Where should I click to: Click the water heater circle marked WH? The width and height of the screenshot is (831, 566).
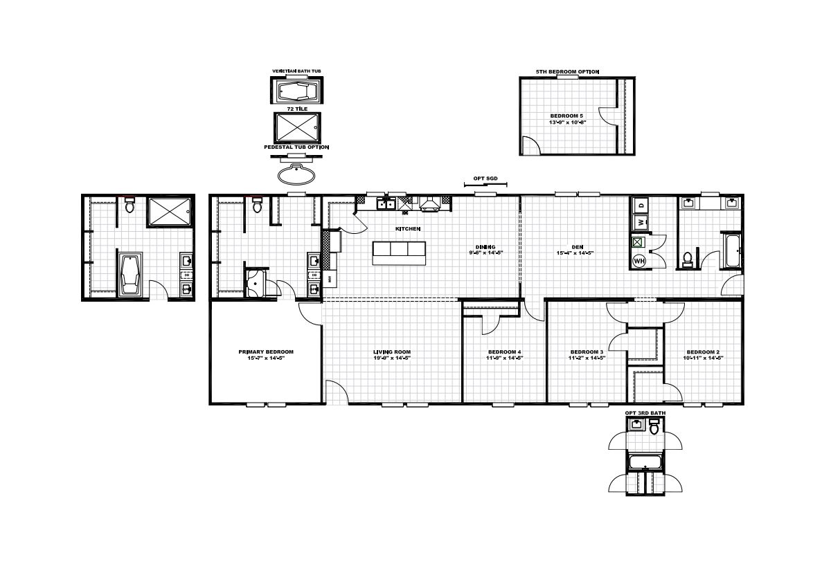tap(640, 261)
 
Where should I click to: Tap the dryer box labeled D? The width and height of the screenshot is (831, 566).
tap(641, 205)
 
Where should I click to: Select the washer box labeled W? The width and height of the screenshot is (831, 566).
tap(641, 222)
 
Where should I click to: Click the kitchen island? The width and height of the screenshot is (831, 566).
tap(398, 253)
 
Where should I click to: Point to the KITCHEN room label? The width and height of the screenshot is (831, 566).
tap(408, 228)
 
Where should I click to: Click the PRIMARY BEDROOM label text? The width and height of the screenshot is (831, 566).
tap(265, 352)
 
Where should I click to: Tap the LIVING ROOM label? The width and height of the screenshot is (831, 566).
tap(392, 352)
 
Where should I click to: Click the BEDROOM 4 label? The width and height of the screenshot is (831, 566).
tap(504, 352)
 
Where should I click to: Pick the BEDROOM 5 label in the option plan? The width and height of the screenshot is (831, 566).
tap(562, 115)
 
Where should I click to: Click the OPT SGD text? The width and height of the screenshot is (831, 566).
tap(484, 178)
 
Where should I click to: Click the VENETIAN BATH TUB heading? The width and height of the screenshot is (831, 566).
tap(296, 71)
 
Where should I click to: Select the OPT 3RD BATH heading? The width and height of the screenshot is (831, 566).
tap(645, 413)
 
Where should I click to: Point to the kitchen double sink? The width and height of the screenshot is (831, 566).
tap(386, 203)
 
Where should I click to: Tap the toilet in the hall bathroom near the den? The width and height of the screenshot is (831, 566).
tap(688, 259)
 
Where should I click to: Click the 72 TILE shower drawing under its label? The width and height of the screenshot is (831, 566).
tap(296, 127)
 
